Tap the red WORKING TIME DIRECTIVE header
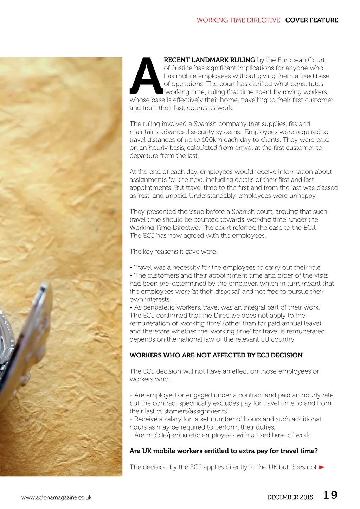tap(238, 20)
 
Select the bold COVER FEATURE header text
tap(311, 20)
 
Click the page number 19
tap(330, 495)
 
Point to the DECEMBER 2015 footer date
tap(290, 497)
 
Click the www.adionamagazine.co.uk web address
tap(56, 497)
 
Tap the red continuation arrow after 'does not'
tap(321, 467)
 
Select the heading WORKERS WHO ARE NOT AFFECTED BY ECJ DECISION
tap(216, 355)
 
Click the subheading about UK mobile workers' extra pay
tap(224, 451)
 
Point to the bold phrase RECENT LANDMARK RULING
tap(210, 60)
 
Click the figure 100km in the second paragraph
tap(212, 140)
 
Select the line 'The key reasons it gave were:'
tap(173, 252)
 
